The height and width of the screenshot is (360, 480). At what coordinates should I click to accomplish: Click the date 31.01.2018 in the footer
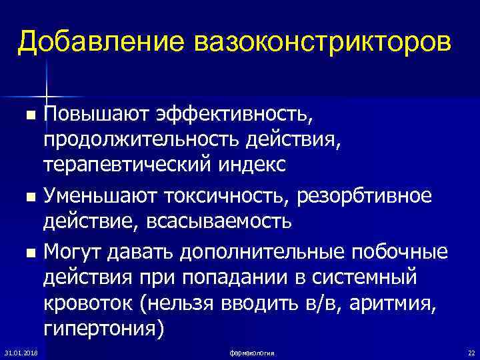point(21,351)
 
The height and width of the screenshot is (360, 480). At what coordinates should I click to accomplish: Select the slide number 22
point(471,351)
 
